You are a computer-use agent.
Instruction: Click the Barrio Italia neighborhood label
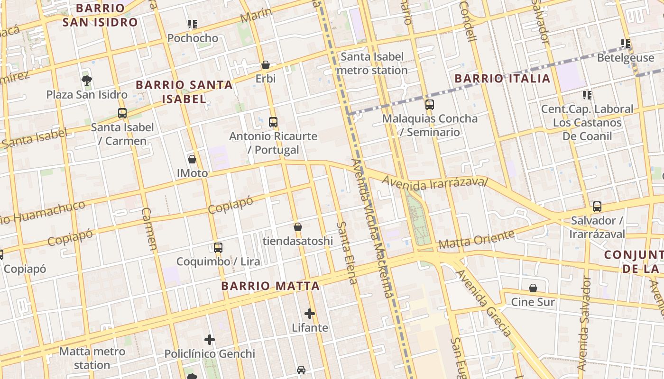coord(502,78)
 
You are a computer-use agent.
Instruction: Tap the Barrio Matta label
coord(270,286)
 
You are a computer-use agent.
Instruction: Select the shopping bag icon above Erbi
coord(266,65)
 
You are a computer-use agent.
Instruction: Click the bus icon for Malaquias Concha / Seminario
coord(430,105)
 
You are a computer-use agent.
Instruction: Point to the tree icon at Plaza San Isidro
coord(86,80)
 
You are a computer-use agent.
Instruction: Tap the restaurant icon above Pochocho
coord(192,24)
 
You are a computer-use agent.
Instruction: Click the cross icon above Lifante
coord(310,314)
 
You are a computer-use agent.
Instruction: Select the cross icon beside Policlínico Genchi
coord(210,340)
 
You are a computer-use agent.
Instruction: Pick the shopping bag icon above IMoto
coord(192,159)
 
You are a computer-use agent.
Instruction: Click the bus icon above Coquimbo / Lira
coord(218,248)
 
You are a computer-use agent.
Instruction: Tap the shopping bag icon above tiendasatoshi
coord(298,227)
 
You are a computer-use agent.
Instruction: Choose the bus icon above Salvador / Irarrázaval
coord(597,207)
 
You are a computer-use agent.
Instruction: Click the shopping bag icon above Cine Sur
coord(533,288)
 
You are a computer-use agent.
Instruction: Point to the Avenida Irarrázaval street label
coord(434,183)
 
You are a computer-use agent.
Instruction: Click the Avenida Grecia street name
coord(484,304)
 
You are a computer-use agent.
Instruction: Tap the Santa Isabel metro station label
coord(372,63)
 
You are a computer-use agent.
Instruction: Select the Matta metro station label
coord(92,358)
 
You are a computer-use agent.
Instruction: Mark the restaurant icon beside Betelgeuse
coord(626,44)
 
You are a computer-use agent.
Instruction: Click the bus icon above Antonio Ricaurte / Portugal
coord(273,122)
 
